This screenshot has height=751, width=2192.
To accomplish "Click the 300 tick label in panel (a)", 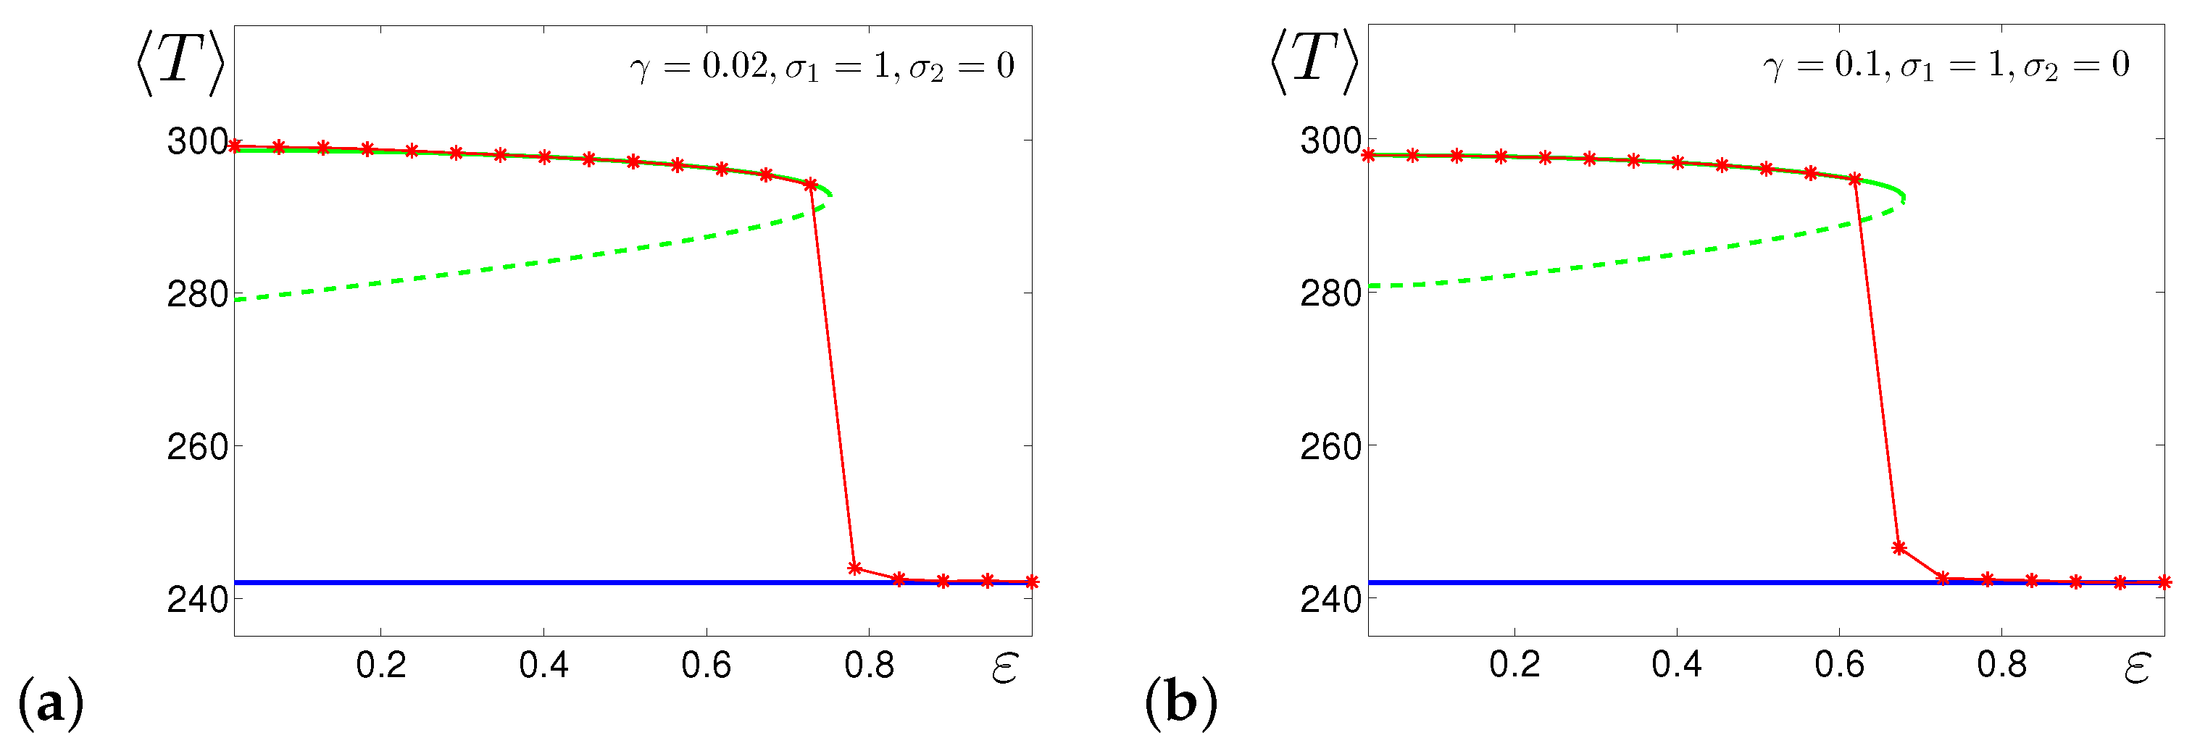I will [x=196, y=141].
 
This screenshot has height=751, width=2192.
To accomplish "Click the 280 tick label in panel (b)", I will [x=1330, y=293].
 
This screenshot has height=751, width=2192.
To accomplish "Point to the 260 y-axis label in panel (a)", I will [x=196, y=447].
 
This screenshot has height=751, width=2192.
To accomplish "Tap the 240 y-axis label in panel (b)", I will [x=1330, y=599].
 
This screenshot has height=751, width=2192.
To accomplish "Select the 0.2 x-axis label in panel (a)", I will [x=380, y=665].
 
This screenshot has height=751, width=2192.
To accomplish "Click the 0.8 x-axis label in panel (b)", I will [x=2001, y=664].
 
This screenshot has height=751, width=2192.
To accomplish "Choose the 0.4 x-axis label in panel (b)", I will [x=1676, y=664].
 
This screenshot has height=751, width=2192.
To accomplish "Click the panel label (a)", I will [x=50, y=703].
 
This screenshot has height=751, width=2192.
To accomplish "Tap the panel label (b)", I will [x=1180, y=703].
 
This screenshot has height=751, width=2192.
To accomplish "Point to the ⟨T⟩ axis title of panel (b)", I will [x=1313, y=62].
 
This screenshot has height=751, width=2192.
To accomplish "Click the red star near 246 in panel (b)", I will [x=1899, y=547].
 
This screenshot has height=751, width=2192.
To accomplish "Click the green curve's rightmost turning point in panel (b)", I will [x=1904, y=198].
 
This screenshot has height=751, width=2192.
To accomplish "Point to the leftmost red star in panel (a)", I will [x=236, y=146].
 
